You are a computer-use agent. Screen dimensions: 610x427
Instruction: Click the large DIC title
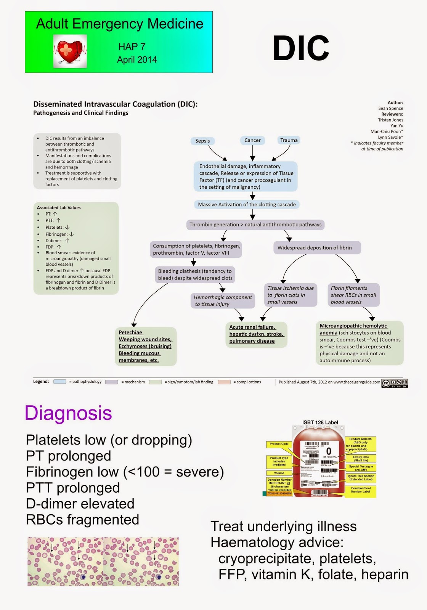301,48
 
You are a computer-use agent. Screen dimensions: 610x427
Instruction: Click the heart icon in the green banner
70,51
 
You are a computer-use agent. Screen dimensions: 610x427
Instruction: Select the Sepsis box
202,141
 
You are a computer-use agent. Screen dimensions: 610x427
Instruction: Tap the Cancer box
252,140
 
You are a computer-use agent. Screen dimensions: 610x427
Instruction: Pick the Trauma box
289,140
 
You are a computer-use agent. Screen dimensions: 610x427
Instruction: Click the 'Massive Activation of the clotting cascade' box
247,204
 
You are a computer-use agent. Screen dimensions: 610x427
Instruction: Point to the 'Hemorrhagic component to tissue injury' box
223,300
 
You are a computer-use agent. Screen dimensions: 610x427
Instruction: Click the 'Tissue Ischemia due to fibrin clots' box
291,295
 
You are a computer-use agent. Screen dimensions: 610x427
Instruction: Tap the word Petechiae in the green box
130,332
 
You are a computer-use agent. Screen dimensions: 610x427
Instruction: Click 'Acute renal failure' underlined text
252,327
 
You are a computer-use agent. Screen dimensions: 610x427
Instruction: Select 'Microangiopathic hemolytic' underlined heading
353,326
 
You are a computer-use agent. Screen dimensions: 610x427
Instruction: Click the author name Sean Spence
390,108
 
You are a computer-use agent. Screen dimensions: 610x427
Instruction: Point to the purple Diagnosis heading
68,413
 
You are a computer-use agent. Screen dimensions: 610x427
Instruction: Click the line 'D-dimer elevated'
80,504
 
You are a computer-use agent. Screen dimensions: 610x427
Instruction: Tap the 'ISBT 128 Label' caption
320,422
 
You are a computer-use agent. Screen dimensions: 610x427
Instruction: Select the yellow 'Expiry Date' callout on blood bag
360,458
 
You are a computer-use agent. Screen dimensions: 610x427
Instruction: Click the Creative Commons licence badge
395,383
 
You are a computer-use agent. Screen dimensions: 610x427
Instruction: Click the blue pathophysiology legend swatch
60,382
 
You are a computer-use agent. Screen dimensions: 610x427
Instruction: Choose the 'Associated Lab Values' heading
59,208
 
